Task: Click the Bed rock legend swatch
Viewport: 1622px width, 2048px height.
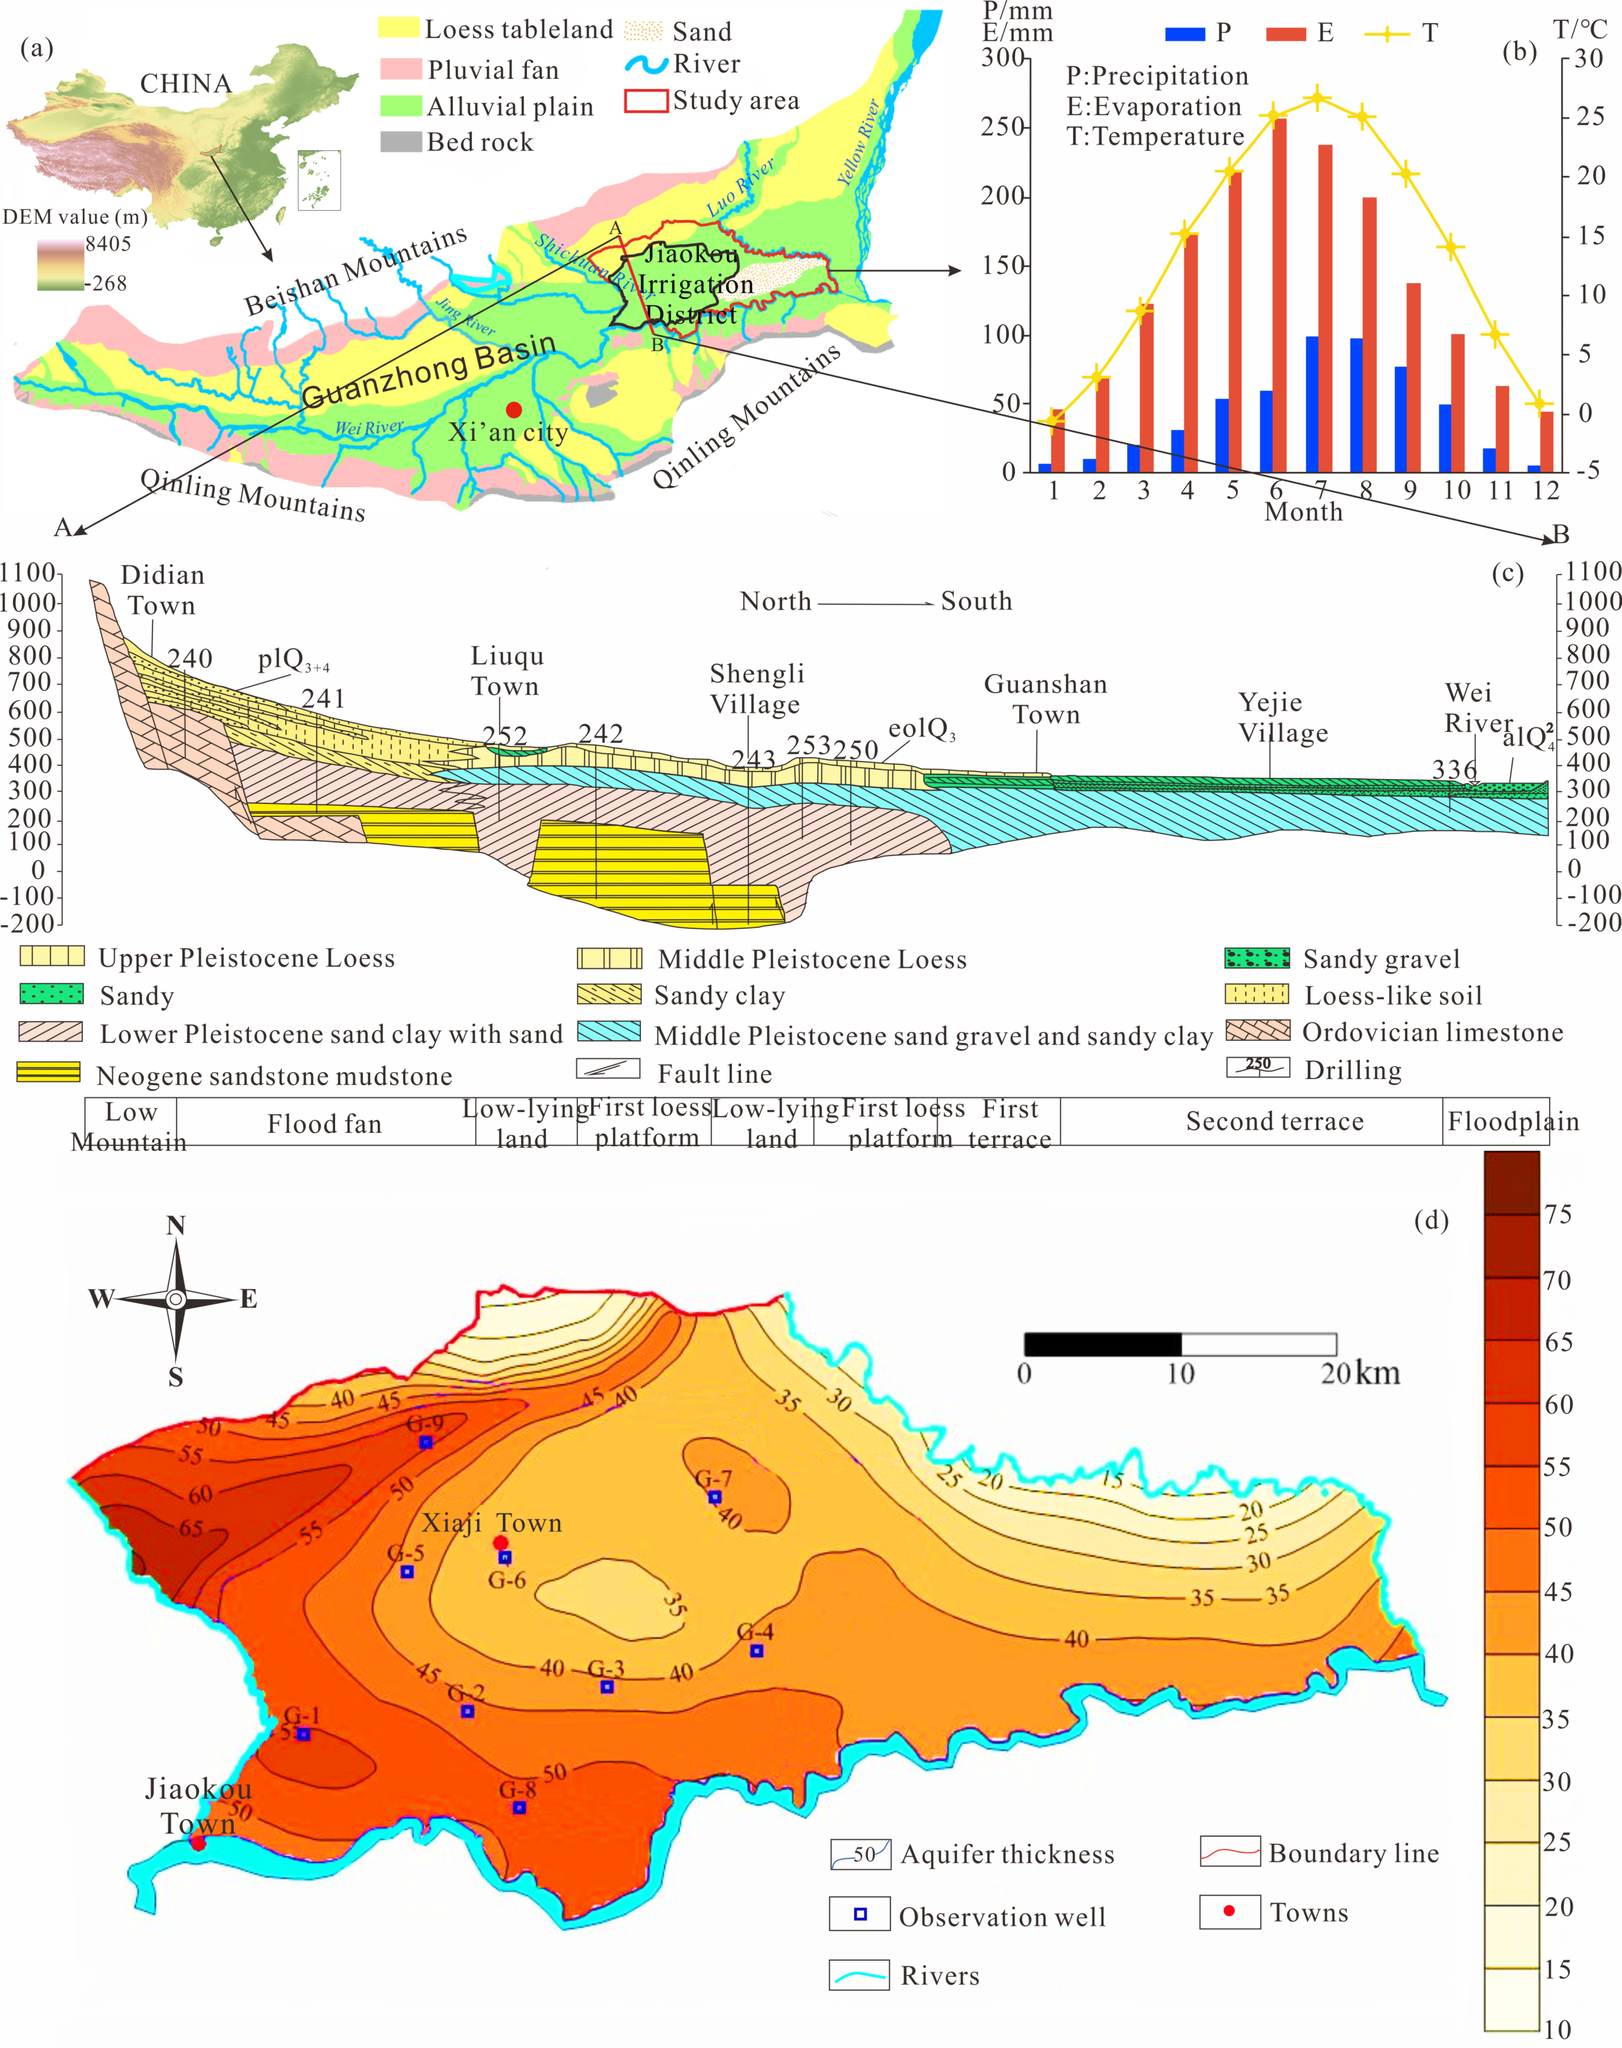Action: tap(400, 141)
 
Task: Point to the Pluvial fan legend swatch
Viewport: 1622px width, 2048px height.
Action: tap(400, 68)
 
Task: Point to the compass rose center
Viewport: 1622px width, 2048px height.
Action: tap(176, 1299)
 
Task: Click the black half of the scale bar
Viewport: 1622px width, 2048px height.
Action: tap(1102, 1343)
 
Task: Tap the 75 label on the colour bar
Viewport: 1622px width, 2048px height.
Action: tap(1557, 1214)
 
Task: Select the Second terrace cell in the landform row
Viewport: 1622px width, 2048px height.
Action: tap(1275, 1121)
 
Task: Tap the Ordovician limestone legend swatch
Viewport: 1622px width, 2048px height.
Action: tap(1257, 1031)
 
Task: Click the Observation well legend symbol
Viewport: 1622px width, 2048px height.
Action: tap(859, 1914)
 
